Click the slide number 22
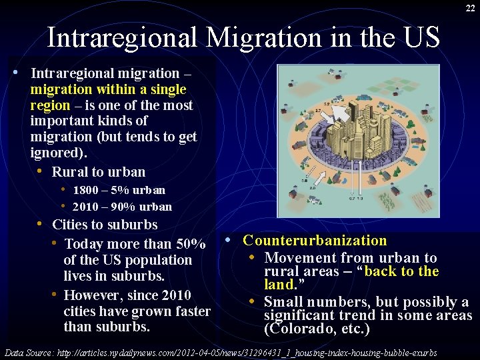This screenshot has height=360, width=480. tap(470, 7)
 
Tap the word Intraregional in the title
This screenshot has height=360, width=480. tap(123, 37)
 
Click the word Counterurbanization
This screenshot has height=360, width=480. tap(315, 241)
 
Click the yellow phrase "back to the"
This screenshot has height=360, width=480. tap(402, 271)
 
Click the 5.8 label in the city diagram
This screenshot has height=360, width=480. tap(304, 181)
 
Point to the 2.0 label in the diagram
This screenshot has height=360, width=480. tap(312, 188)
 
